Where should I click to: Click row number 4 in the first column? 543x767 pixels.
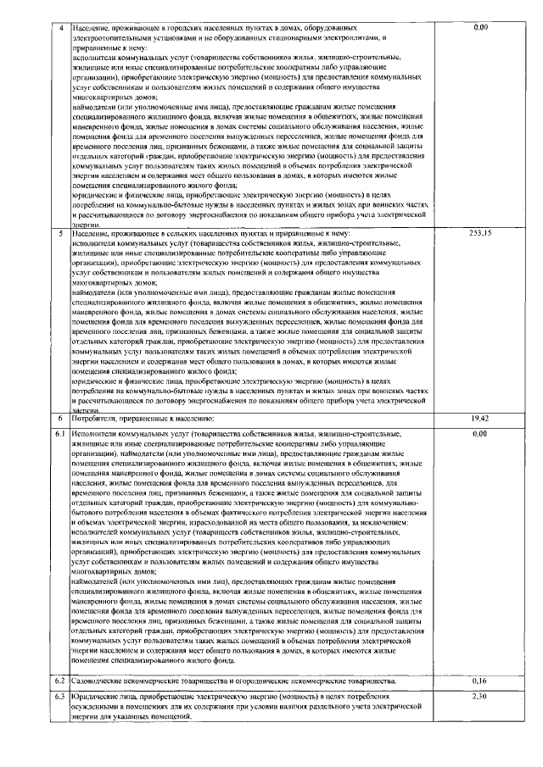point(60,28)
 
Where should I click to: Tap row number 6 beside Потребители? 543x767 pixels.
point(60,419)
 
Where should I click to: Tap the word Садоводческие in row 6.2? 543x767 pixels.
point(101,681)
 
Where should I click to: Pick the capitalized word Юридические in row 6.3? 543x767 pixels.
point(98,697)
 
